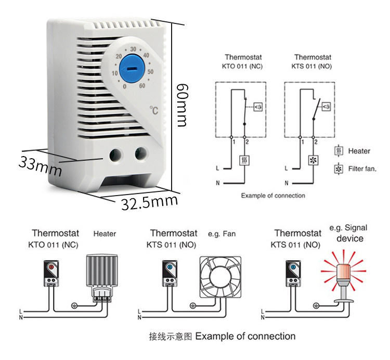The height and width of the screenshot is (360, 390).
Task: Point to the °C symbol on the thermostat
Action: click(x=154, y=110)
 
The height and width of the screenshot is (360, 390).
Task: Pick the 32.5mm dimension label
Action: click(x=150, y=202)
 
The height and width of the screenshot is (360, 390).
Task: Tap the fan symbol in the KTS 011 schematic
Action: click(x=314, y=161)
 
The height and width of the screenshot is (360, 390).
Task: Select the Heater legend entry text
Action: click(x=359, y=151)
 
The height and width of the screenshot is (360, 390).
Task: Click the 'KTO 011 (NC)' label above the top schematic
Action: click(x=243, y=66)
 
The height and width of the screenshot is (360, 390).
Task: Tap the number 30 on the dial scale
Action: click(x=133, y=49)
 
